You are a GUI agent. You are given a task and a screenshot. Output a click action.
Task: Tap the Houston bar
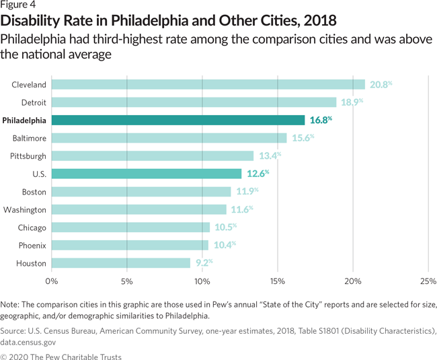click(121, 263)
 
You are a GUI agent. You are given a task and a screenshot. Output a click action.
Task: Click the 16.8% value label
click(319, 120)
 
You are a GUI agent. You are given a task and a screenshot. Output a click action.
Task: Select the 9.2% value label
click(202, 263)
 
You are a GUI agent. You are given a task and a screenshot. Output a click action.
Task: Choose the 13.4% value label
click(268, 156)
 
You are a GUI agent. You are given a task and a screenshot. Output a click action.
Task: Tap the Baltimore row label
click(29, 138)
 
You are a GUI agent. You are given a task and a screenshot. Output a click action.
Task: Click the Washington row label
click(25, 210)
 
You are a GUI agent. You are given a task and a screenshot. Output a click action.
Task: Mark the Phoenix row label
click(32, 245)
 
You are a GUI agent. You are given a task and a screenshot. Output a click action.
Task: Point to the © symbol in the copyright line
click(4, 357)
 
